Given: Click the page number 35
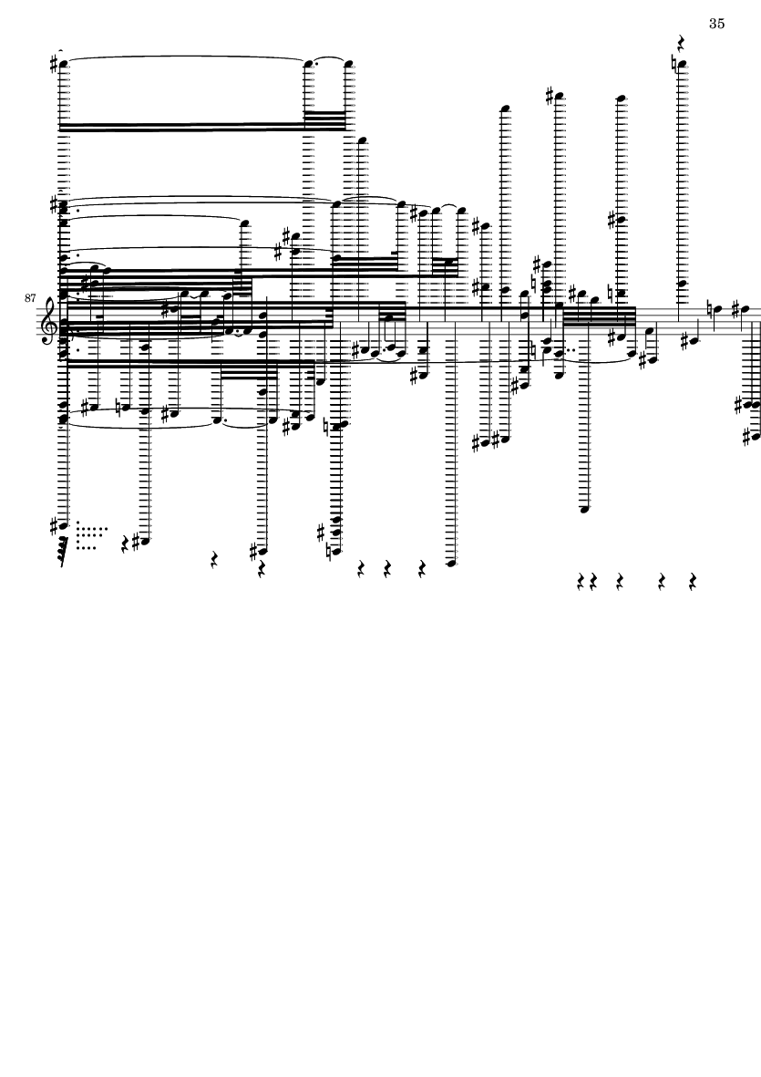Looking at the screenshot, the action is tap(716, 24).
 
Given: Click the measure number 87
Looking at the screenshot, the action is tap(29, 297).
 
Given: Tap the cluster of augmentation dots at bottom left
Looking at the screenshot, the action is tap(91, 535).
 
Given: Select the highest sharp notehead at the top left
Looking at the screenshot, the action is tap(63, 65).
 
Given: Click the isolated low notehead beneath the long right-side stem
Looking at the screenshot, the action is tap(584, 509).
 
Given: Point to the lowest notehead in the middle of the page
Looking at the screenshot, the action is tap(451, 564).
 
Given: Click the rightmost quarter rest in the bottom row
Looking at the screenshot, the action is tap(693, 582).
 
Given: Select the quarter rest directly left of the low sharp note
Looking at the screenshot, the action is tap(126, 544).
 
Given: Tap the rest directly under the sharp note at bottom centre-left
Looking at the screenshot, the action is tap(261, 569).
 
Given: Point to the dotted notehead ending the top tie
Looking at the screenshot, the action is tap(309, 65).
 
